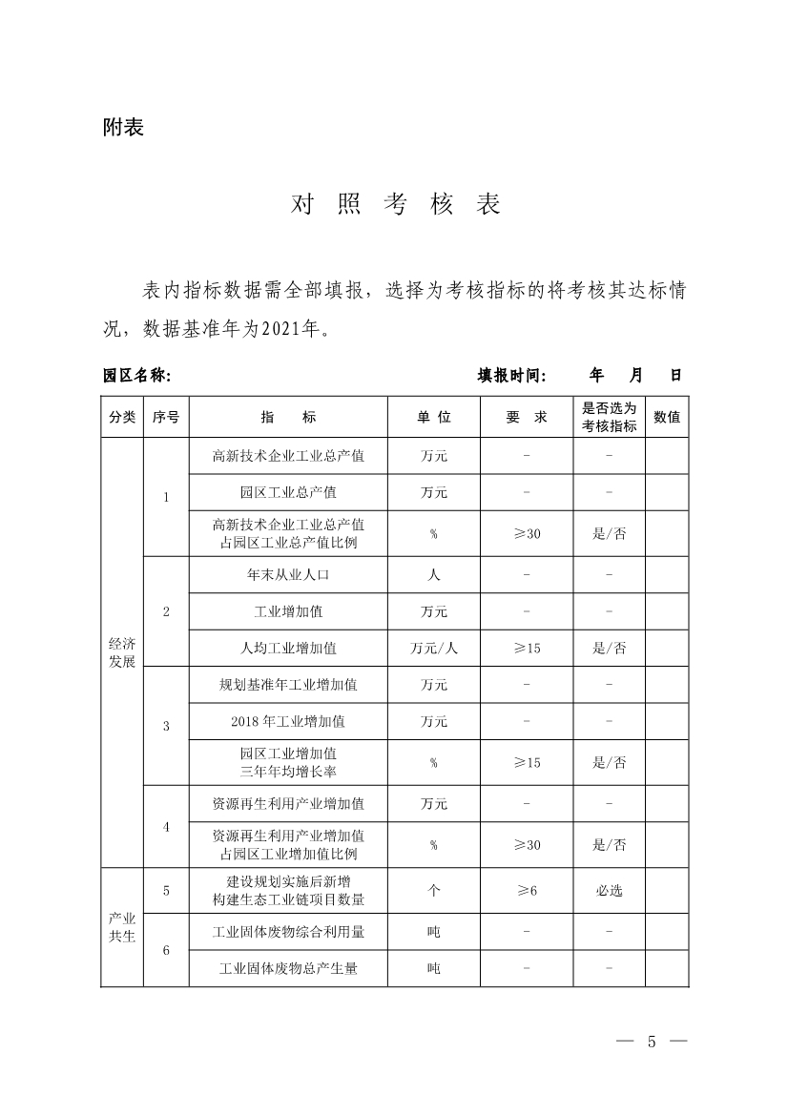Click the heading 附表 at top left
(123, 127)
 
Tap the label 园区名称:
(136, 376)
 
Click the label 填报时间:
(511, 376)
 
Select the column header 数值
(667, 417)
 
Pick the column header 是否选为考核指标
(609, 417)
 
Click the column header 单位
(433, 417)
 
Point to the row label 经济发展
(122, 653)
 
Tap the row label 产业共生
(122, 927)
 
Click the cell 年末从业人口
(288, 575)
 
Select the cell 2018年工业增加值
(288, 721)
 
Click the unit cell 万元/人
(433, 649)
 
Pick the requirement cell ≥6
(527, 891)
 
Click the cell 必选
(609, 891)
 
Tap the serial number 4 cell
(166, 827)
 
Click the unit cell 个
(433, 891)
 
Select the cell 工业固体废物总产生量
(288, 968)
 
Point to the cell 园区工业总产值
(288, 493)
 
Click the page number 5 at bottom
(652, 1041)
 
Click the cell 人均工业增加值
(288, 649)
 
